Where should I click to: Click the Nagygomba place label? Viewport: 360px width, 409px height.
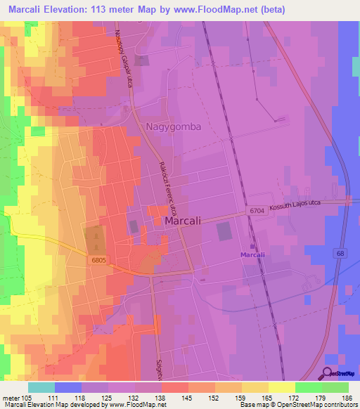click(174, 127)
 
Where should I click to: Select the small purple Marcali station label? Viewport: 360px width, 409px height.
click(252, 254)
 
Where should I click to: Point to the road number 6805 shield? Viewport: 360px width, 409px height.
click(98, 261)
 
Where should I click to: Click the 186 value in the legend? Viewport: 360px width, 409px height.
click(346, 397)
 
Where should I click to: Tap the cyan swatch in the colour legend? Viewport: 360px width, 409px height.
click(41, 387)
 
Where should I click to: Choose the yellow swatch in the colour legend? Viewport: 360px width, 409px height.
click(281, 387)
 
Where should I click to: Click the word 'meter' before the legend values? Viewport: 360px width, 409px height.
click(11, 397)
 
